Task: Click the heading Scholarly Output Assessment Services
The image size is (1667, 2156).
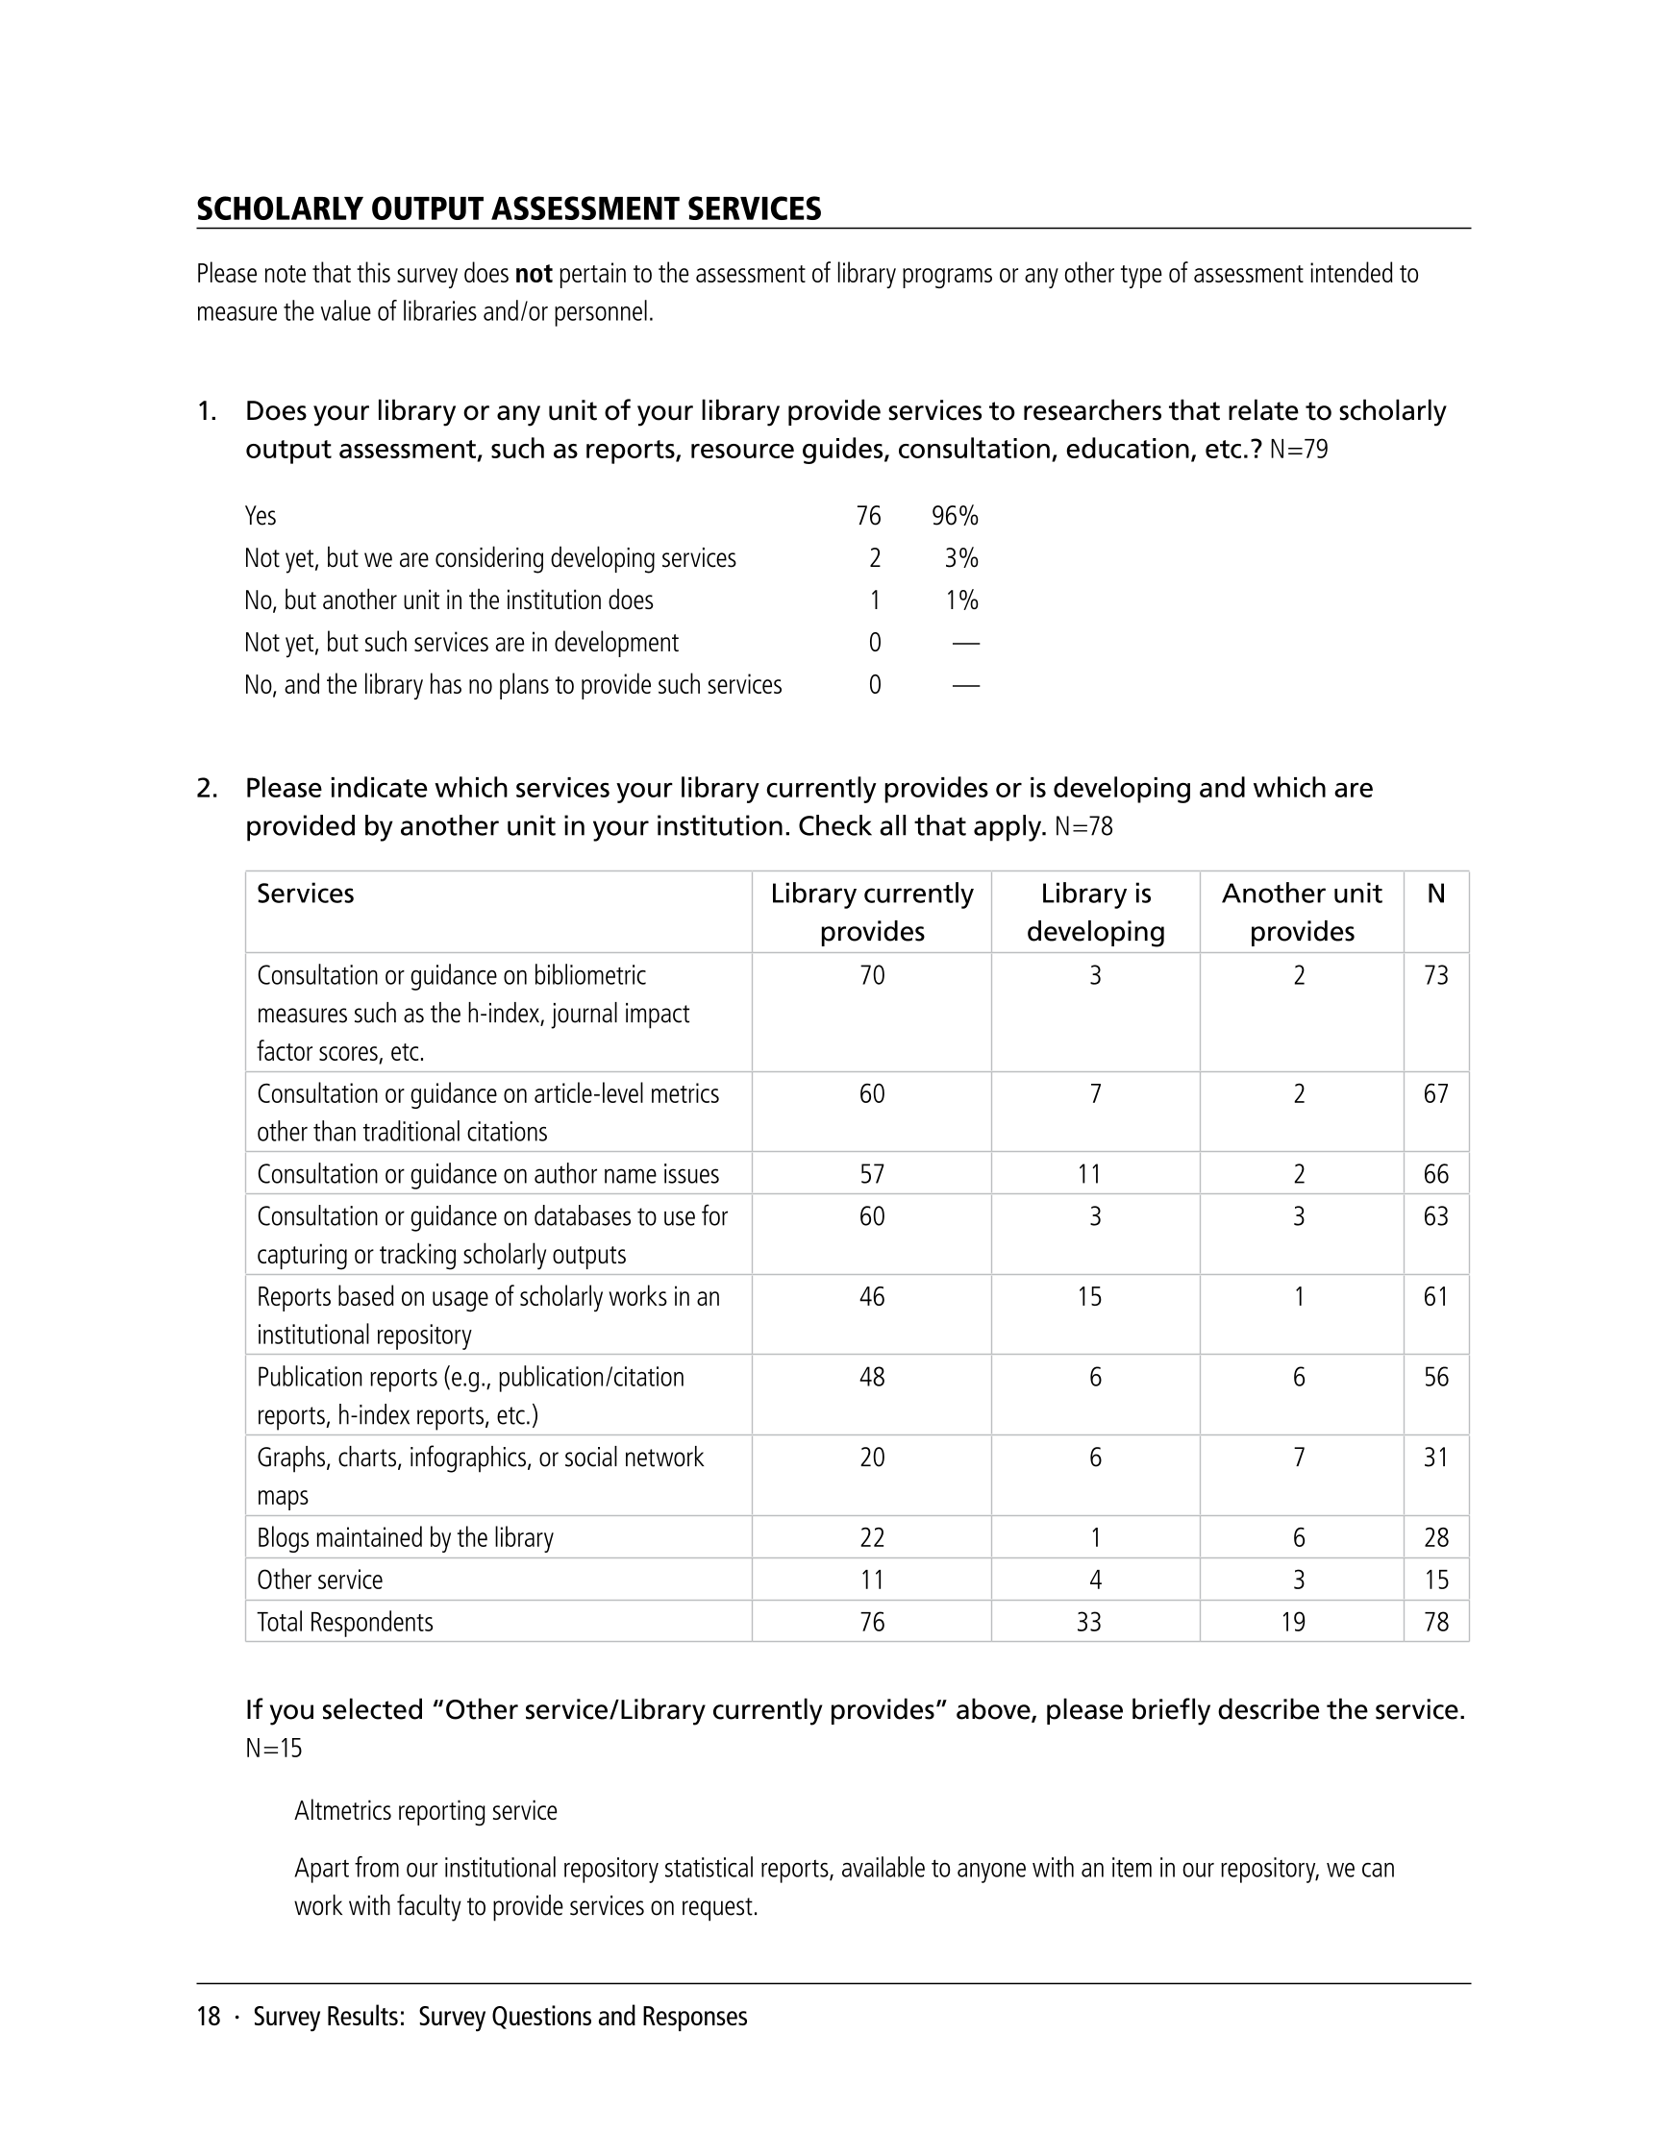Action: pos(509,209)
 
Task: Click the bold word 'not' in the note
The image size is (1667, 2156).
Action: pos(534,275)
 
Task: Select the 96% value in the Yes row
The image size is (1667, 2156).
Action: pos(954,516)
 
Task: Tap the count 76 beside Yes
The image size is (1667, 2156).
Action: pos(868,516)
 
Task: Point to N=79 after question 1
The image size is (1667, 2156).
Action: pos(1299,451)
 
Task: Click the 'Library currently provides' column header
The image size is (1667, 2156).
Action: pos(872,912)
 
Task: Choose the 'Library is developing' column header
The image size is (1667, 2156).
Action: pos(1095,912)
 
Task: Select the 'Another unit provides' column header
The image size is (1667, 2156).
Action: pos(1302,912)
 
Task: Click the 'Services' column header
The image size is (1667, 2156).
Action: pos(305,894)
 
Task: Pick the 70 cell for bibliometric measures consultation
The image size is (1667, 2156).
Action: pos(872,975)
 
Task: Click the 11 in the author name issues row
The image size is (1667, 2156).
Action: pos(1089,1174)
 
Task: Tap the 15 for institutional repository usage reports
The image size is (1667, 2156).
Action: pos(1089,1296)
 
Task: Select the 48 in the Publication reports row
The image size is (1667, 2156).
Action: pos(872,1377)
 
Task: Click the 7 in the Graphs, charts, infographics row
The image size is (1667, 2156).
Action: pos(1300,1458)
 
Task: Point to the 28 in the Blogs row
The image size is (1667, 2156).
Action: pos(1436,1538)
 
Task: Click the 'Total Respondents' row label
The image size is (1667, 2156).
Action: pos(345,1622)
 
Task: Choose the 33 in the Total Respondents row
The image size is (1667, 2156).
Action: pos(1088,1622)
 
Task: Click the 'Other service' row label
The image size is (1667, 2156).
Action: pos(319,1580)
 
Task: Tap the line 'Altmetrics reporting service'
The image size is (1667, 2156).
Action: pos(426,1810)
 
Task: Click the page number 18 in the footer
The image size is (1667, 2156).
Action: pos(209,2016)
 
